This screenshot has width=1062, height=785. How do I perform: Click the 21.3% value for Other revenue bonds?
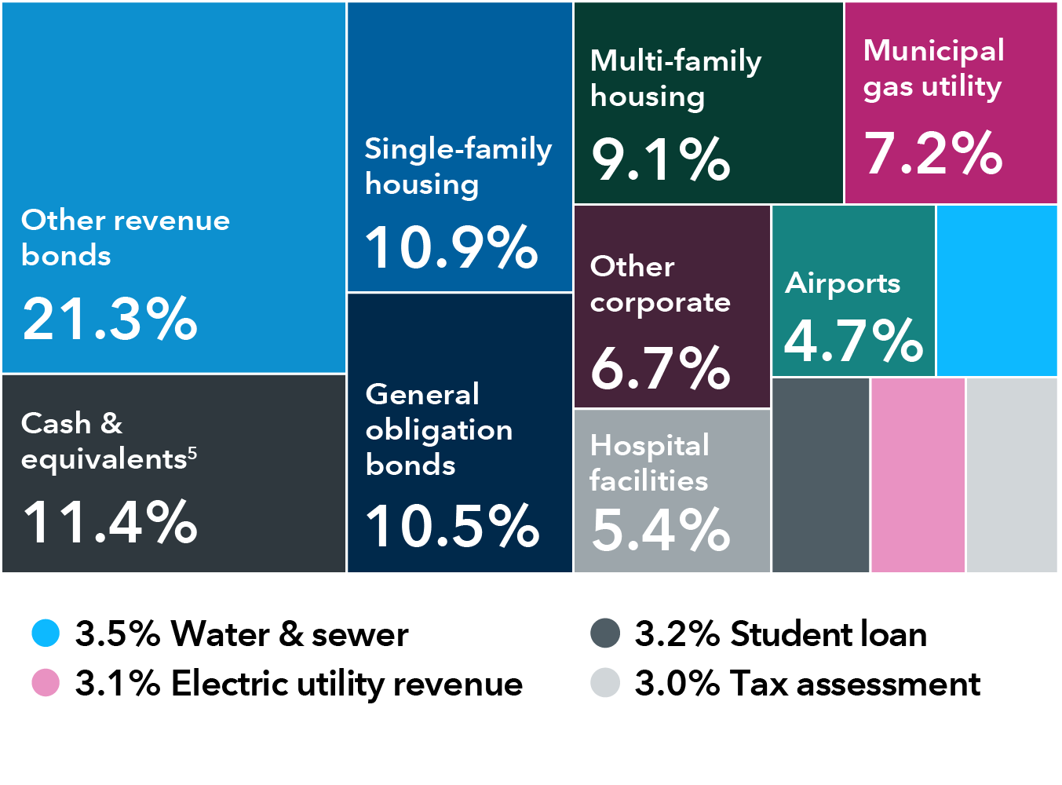click(110, 319)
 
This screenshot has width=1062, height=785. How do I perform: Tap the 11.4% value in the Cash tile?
click(110, 522)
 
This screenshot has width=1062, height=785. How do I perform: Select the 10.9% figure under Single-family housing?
click(451, 247)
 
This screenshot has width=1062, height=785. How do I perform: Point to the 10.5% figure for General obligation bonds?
click(452, 526)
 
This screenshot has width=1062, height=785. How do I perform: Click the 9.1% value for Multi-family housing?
click(661, 159)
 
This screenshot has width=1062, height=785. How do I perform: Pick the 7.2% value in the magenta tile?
click(933, 153)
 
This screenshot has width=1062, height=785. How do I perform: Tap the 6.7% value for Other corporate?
click(661, 368)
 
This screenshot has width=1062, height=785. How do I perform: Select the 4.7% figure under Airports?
click(853, 341)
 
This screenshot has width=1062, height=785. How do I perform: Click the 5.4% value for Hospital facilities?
click(661, 530)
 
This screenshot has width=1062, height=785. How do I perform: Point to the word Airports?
click(843, 283)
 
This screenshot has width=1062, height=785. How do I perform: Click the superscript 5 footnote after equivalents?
click(192, 452)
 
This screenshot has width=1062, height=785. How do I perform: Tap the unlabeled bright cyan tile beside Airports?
click(997, 291)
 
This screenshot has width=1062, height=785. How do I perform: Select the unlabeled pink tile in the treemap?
click(918, 475)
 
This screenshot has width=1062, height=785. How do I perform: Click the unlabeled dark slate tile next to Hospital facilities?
click(821, 475)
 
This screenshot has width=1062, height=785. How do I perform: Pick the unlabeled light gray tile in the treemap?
click(1012, 475)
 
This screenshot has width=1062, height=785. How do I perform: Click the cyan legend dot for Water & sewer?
click(46, 633)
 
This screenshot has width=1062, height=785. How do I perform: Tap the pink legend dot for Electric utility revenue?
click(46, 683)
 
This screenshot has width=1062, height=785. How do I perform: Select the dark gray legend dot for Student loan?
click(605, 633)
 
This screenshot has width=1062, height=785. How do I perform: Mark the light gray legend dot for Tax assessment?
click(605, 683)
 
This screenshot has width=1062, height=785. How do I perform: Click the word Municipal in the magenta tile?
click(933, 50)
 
